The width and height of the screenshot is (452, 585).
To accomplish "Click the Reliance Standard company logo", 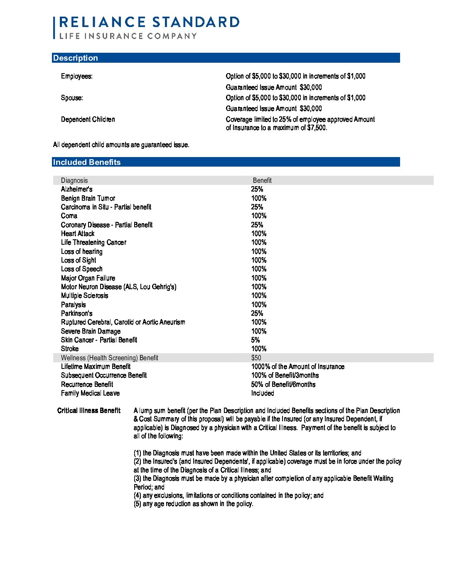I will coord(146,27).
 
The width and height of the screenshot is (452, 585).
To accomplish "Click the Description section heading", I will coord(76,58).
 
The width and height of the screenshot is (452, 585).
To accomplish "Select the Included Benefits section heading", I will coord(87,162).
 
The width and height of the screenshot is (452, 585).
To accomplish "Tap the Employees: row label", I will coord(77,76).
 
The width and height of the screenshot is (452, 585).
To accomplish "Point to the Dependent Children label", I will coord(88,120).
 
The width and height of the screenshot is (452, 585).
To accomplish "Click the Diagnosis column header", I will coord(74,180).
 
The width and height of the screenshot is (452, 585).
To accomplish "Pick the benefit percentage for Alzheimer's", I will coord(257,189).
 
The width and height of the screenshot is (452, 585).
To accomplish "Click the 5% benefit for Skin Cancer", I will coord(255,340).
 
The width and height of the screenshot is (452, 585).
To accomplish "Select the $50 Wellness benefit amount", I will coord(256,358).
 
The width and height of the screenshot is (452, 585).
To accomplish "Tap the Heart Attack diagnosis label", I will coord(78,234).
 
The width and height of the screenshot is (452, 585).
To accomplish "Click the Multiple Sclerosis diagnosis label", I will coord(85,296).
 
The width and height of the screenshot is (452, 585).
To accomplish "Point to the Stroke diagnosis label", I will coord(70,349).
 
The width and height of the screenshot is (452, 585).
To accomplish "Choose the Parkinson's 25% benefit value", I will coord(257,314).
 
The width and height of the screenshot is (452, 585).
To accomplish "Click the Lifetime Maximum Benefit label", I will coord(96,366).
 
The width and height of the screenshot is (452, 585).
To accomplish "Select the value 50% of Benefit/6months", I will coord(283,384).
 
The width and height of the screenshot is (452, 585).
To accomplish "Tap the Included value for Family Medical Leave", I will coord(263,393).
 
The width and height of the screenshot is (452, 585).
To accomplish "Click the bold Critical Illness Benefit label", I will coord(89,411).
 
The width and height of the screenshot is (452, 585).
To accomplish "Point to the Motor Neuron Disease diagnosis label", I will coord(119,287).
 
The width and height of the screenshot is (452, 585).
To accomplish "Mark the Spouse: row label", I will coord(72,98).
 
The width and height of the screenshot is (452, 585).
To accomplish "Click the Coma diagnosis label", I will coord(69,216).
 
